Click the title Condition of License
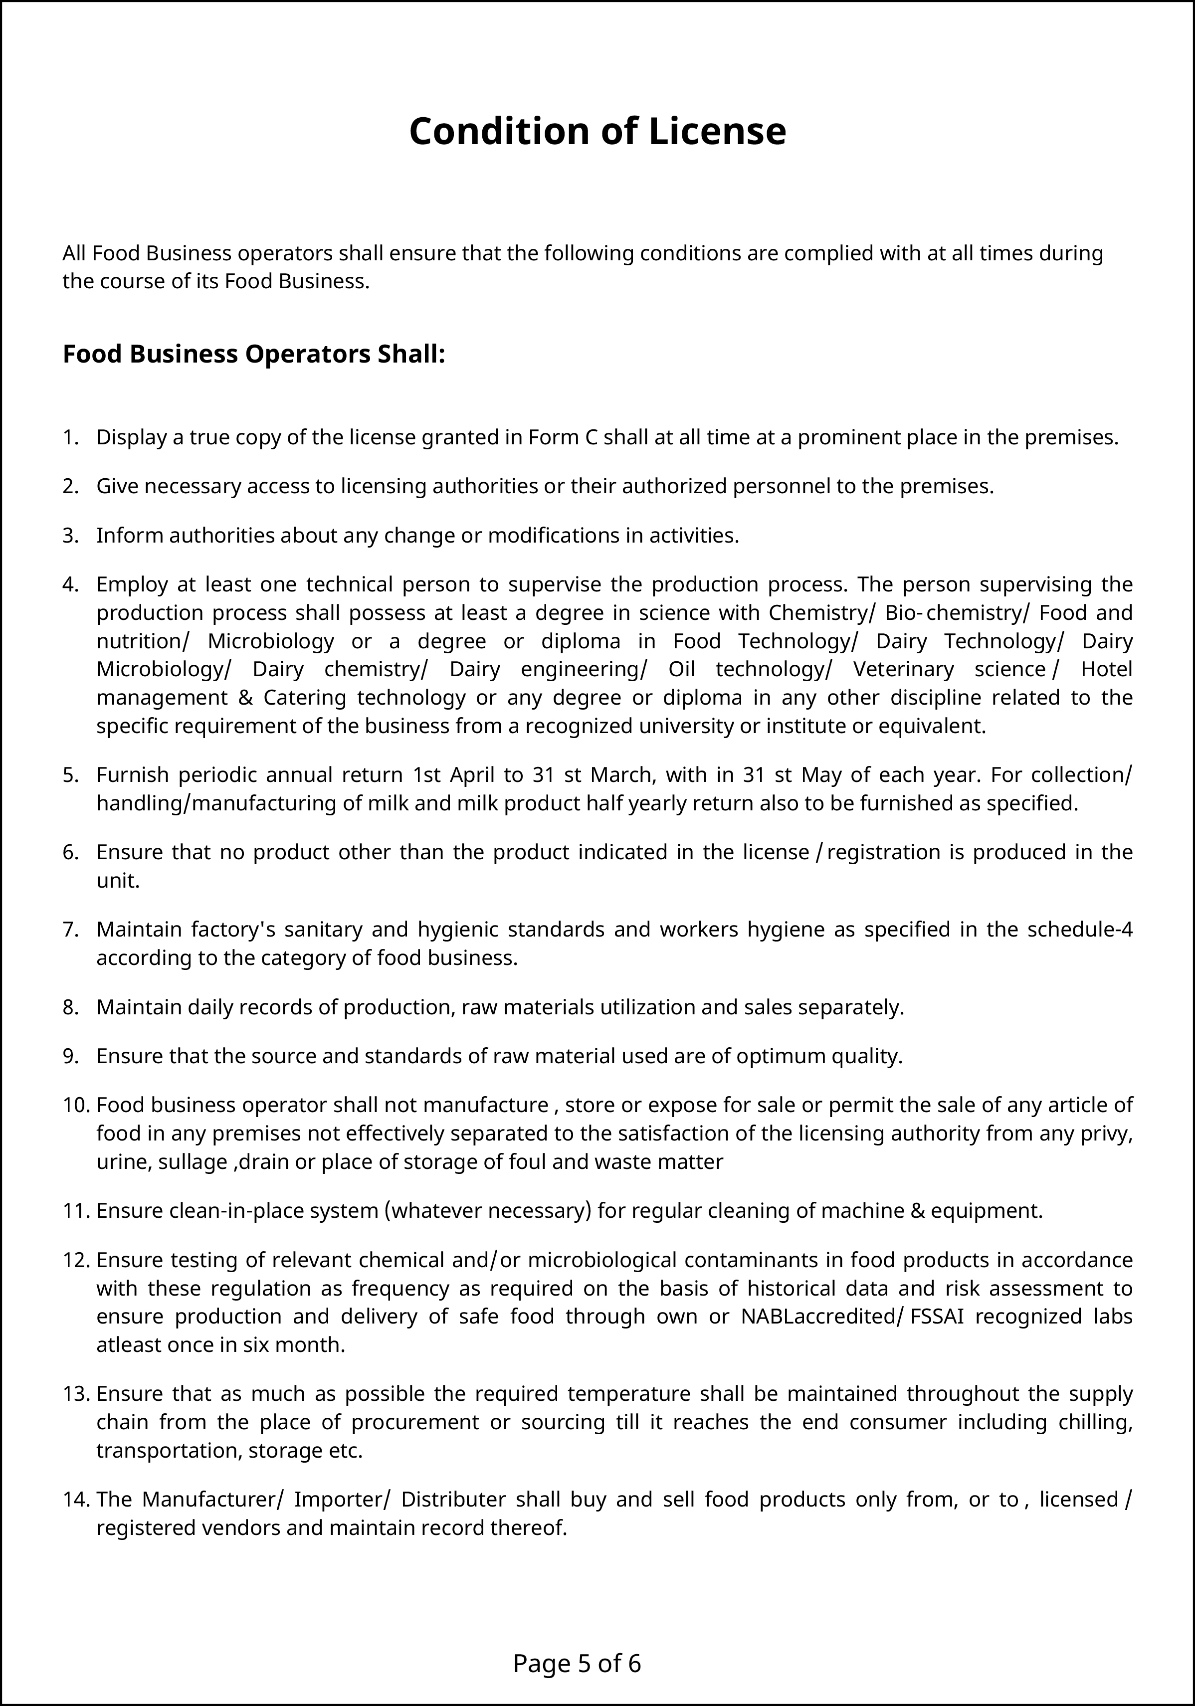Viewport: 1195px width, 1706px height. (597, 132)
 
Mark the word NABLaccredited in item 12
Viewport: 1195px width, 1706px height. (817, 1317)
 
